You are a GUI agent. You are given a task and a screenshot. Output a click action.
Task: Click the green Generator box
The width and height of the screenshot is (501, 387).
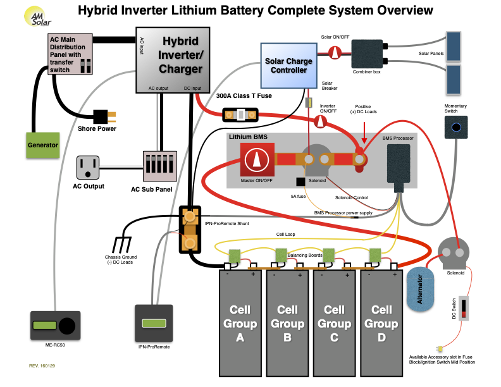coord(42,145)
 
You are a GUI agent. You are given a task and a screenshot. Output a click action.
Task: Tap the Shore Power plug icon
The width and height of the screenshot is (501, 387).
coord(104,116)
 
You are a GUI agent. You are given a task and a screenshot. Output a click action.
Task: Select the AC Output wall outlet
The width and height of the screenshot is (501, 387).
coord(89,168)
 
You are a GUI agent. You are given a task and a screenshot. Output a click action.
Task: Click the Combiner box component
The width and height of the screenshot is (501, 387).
coord(367,52)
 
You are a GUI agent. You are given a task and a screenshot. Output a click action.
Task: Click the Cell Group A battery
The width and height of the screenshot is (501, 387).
coord(240,322)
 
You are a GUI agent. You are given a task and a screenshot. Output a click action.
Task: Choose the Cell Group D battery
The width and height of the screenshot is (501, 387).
coord(381,322)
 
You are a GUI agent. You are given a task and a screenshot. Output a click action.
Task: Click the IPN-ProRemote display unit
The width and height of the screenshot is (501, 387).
coord(154,323)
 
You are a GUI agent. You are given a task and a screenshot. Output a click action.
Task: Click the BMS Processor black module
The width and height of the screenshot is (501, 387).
coord(398,164)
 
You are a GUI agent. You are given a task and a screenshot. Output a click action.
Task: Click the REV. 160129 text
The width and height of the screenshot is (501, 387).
coord(42,365)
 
